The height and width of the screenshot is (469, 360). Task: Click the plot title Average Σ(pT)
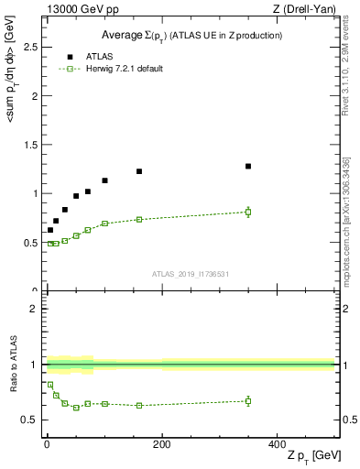coord(191,36)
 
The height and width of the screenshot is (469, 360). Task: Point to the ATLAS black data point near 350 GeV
coord(248,166)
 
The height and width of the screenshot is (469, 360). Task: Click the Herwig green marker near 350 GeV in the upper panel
coord(248,212)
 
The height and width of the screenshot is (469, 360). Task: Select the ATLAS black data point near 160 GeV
coord(139,171)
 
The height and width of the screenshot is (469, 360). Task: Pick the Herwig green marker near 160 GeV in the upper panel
coord(139,219)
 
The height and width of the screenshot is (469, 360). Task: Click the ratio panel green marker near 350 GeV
coord(248,400)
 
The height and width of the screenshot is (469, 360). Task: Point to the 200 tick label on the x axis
coord(162,444)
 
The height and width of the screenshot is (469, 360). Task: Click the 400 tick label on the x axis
coord(277,444)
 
